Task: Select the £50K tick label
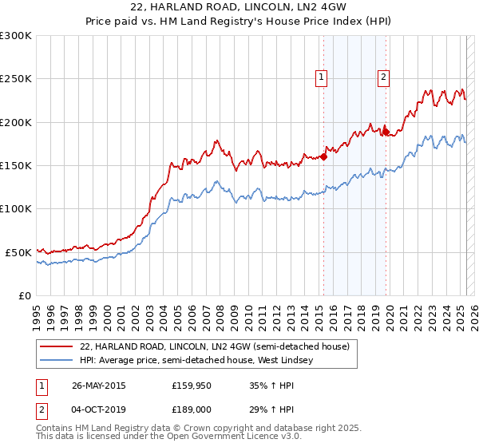coord(18,252)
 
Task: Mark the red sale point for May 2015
coord(324,156)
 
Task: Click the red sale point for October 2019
coord(385,132)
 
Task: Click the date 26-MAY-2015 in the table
coord(99,385)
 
